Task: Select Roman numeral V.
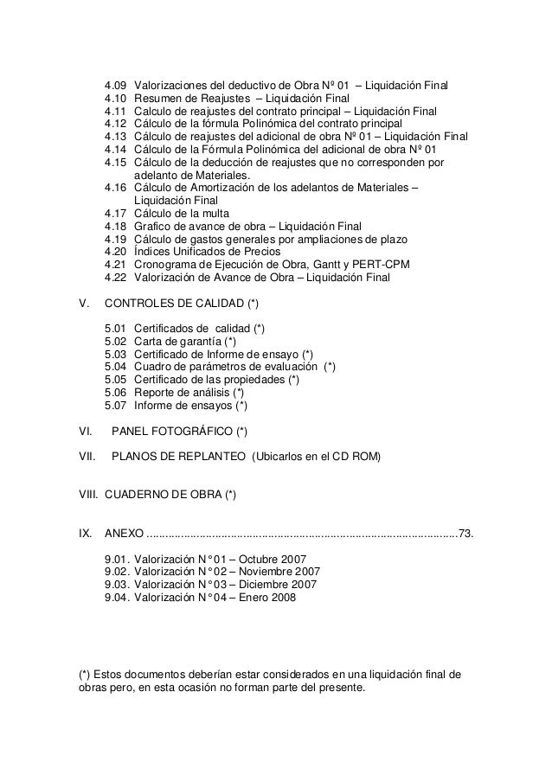(84, 303)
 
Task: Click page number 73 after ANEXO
(466, 532)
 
